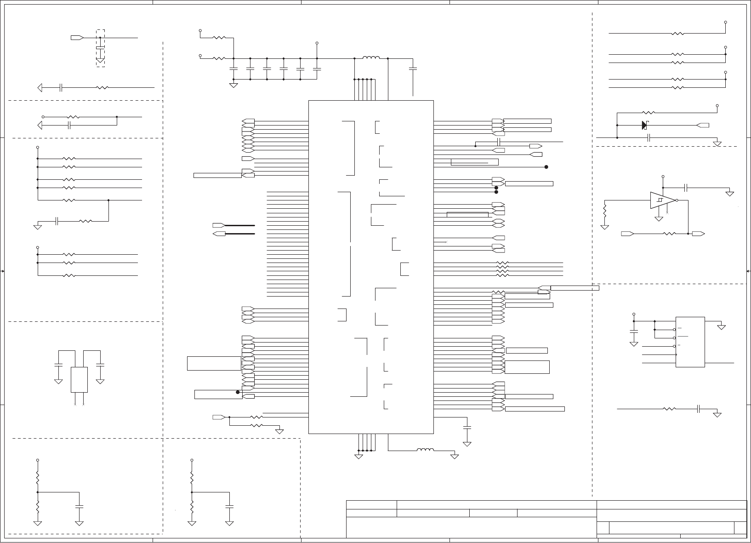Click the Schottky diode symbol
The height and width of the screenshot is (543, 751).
(x=644, y=125)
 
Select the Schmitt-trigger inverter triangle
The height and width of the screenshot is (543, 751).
(x=662, y=200)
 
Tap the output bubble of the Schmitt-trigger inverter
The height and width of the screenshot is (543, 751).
(x=677, y=200)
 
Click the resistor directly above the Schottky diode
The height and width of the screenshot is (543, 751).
(x=648, y=113)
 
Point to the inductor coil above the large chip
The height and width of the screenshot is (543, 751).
(x=371, y=58)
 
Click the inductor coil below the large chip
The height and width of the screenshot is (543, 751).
(x=425, y=450)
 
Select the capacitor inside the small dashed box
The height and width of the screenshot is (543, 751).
(x=100, y=47)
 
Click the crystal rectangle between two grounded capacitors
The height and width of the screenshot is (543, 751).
(x=79, y=379)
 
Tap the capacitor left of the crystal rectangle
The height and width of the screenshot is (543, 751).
(x=58, y=365)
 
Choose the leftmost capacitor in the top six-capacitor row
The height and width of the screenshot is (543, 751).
(x=234, y=69)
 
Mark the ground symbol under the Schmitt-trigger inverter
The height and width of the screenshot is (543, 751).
(x=659, y=218)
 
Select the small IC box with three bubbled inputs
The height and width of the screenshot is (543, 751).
(x=690, y=342)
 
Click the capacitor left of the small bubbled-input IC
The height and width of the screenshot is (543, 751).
(x=634, y=331)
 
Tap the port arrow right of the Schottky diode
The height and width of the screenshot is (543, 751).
(x=703, y=125)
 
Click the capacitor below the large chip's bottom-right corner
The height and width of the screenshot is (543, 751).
(x=467, y=428)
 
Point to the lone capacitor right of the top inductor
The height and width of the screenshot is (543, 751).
(x=413, y=69)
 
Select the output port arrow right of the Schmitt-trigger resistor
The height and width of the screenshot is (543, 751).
(x=699, y=234)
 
